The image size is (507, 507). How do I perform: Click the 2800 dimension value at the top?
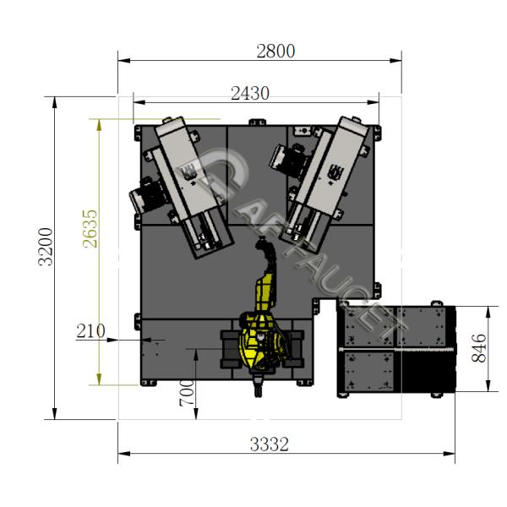pos(275,51)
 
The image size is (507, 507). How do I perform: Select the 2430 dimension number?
pos(250,94)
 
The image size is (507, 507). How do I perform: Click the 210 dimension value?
pos(90,330)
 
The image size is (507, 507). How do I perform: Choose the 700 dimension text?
pos(187,393)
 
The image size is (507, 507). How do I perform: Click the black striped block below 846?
pos(427,372)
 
